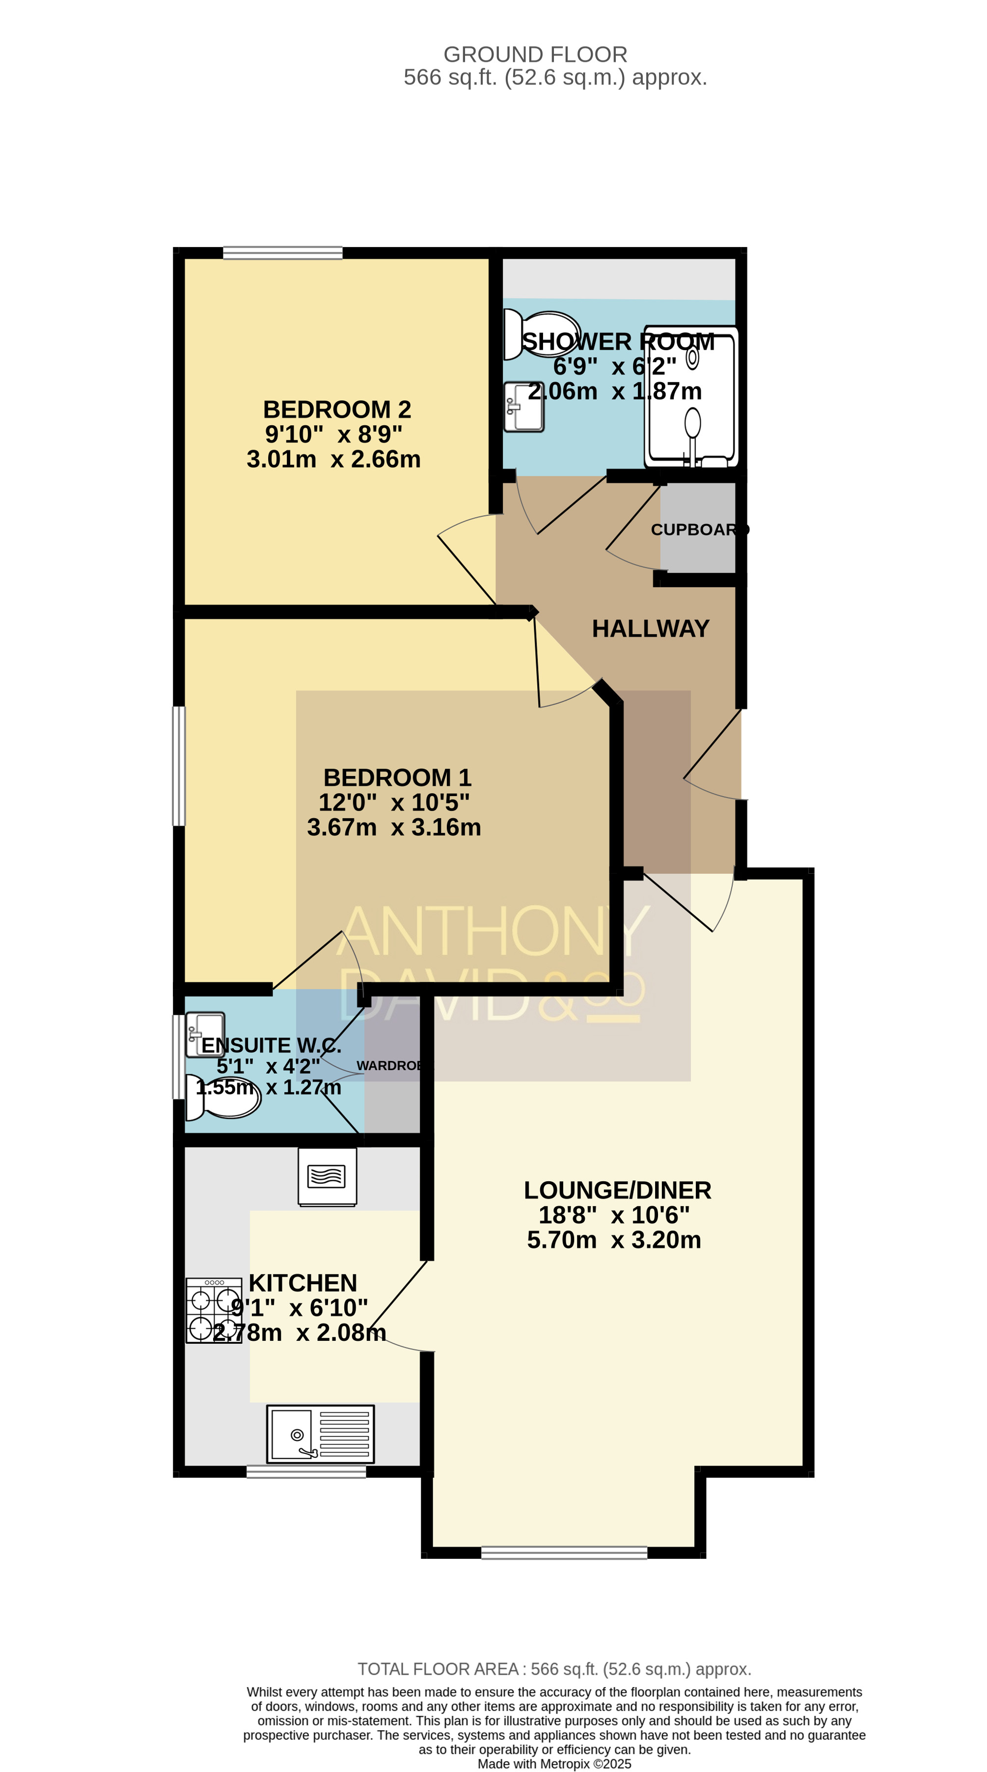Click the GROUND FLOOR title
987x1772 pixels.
click(535, 55)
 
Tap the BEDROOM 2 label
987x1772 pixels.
click(337, 409)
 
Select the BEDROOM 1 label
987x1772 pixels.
click(398, 777)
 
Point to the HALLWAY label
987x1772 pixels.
click(651, 628)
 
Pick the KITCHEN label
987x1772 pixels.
click(302, 1283)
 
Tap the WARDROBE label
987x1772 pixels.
click(389, 1066)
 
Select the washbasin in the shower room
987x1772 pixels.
click(523, 407)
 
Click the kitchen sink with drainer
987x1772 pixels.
click(321, 1434)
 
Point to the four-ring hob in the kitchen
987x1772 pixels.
click(214, 1310)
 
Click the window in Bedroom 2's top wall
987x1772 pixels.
click(283, 252)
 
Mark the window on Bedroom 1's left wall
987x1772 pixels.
click(179, 766)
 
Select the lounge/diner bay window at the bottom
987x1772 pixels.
click(564, 1552)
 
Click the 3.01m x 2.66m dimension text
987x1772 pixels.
click(333, 459)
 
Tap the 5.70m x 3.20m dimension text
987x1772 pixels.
click(614, 1240)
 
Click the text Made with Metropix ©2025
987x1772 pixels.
click(554, 1764)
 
